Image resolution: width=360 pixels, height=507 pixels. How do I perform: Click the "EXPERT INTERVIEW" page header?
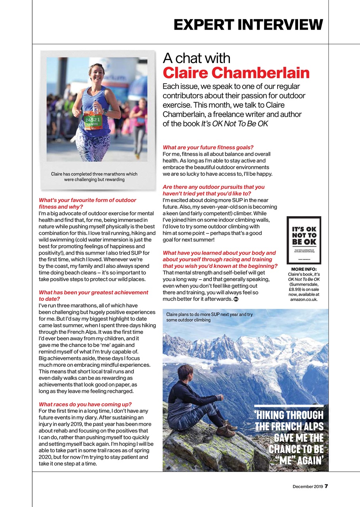point(248,25)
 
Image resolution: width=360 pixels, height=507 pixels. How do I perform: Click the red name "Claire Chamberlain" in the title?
point(236,73)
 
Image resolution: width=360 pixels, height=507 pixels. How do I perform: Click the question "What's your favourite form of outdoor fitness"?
point(87,204)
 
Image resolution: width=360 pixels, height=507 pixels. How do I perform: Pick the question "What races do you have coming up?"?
point(85,404)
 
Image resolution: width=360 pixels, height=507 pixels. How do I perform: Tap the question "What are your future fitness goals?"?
point(208,147)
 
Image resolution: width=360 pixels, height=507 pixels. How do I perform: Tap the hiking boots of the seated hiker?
point(227,429)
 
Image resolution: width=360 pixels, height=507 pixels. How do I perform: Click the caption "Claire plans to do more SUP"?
point(209,317)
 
